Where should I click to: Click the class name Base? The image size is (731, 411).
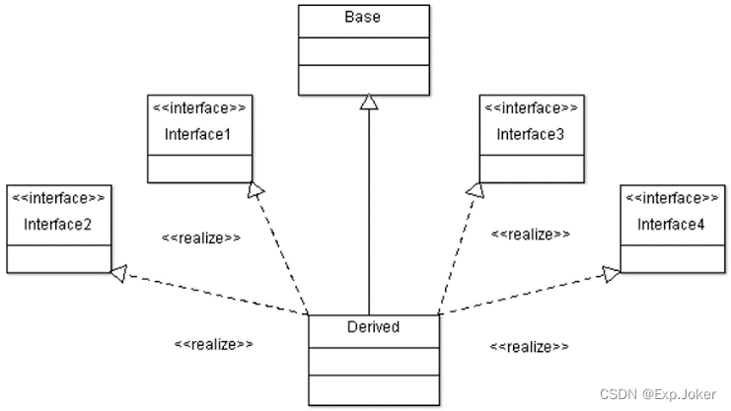click(363, 18)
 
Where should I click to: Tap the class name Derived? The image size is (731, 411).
click(374, 326)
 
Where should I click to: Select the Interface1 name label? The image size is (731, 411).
click(197, 133)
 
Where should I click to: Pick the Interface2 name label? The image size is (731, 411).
click(57, 225)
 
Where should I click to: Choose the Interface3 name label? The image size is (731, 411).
click(530, 133)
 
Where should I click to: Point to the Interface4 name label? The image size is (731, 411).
click(671, 225)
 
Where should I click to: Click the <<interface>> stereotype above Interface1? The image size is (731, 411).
click(197, 105)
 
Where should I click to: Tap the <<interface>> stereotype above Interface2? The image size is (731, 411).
click(57, 197)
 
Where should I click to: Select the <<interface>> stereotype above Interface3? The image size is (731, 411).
click(530, 105)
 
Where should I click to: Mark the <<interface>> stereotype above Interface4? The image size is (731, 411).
click(671, 197)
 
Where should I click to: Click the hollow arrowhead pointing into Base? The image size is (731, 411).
click(369, 101)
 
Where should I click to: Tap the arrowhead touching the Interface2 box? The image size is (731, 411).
click(117, 274)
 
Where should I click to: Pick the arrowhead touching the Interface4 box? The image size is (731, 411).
click(612, 273)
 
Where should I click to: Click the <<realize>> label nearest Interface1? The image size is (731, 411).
click(200, 238)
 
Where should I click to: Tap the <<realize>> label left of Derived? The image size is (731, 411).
click(214, 344)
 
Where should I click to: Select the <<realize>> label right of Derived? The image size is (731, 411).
click(530, 347)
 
